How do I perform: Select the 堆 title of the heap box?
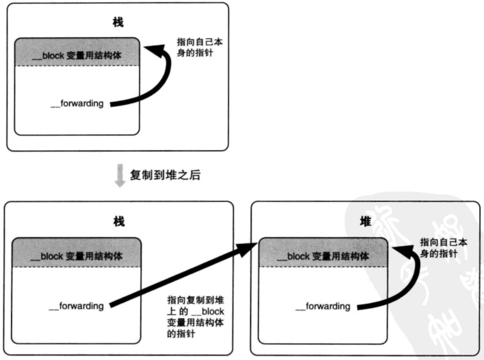pyautogui.click(x=365, y=221)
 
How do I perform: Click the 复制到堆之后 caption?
pyautogui.click(x=165, y=175)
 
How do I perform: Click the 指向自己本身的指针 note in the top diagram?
pyautogui.click(x=200, y=47)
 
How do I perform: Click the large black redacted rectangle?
pyautogui.click(x=359, y=77)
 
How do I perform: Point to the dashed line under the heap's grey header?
pyautogui.click(x=323, y=266)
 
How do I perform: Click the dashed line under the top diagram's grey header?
pyautogui.click(x=76, y=66)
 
